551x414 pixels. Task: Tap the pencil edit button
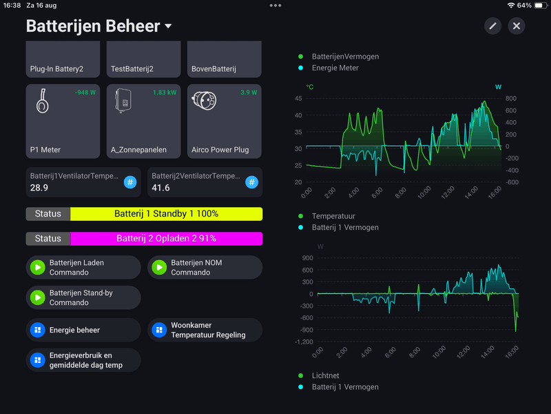click(492, 26)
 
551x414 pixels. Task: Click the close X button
click(517, 26)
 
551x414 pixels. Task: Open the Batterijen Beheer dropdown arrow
click(168, 27)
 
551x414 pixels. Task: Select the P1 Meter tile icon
click(42, 102)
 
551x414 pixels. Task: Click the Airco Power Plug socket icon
click(205, 101)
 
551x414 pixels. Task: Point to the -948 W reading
click(85, 92)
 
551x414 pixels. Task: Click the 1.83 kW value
click(165, 92)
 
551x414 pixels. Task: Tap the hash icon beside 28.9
click(130, 182)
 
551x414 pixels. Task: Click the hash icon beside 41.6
click(252, 182)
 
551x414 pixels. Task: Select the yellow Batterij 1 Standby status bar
click(166, 214)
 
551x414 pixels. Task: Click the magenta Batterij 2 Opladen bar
click(166, 239)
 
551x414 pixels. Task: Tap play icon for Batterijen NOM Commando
click(159, 267)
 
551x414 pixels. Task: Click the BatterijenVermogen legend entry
click(345, 57)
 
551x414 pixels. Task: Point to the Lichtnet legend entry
click(325, 376)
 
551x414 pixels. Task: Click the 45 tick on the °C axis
click(298, 99)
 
